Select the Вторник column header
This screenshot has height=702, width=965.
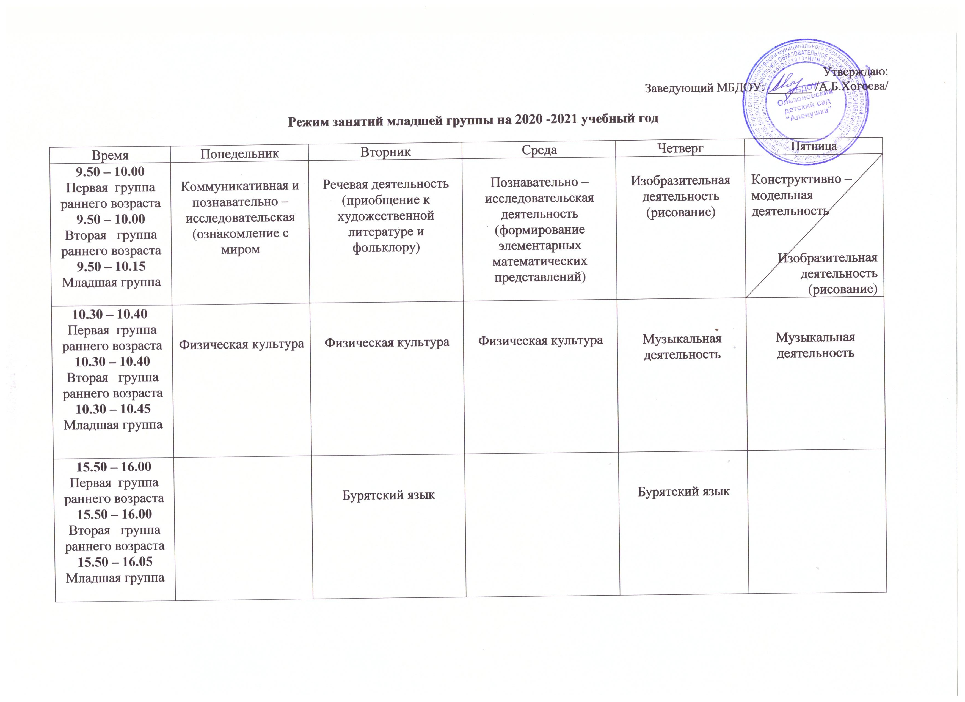coord(385,152)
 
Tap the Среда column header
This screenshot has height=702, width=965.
coord(539,150)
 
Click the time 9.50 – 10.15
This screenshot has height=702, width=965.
coord(111,267)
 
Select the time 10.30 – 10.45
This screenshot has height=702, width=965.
coord(113,409)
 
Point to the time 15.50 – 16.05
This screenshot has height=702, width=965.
coord(114,562)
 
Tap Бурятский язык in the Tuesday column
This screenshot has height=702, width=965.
coord(388,495)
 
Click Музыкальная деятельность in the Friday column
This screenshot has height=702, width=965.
coord(815,345)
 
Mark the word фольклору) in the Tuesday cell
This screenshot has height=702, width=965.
coord(386,248)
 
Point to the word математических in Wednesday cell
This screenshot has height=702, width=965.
coord(539,261)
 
